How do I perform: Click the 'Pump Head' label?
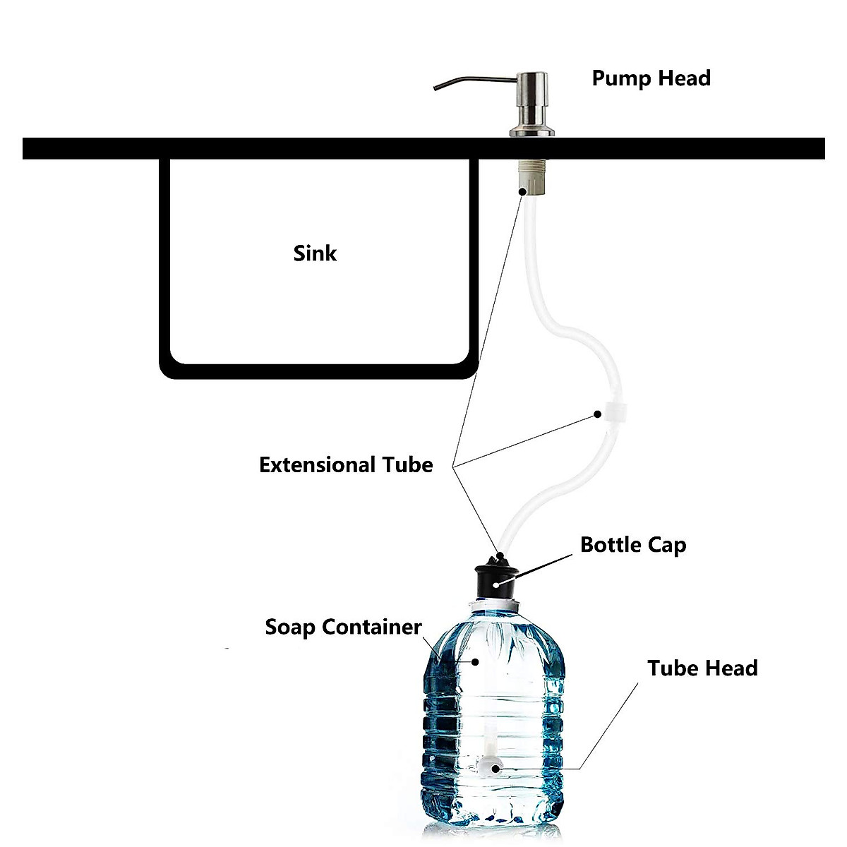[x=651, y=78]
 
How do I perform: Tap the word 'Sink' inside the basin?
[x=315, y=253]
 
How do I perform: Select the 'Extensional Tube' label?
[x=346, y=465]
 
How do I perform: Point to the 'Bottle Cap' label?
[x=632, y=545]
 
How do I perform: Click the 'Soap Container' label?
[x=343, y=627]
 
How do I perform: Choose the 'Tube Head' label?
[x=702, y=668]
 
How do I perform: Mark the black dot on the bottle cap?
[x=497, y=583]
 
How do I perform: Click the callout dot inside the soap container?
[x=476, y=661]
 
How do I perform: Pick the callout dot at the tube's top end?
[x=523, y=191]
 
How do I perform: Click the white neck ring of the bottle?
[x=498, y=605]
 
